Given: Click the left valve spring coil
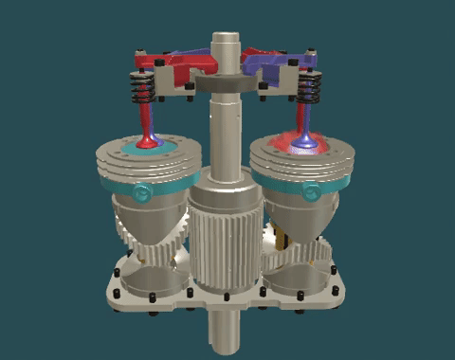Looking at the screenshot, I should pyautogui.click(x=144, y=93).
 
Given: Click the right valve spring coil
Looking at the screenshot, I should pyautogui.click(x=306, y=91).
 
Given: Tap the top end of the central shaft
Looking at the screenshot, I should pyautogui.click(x=227, y=39).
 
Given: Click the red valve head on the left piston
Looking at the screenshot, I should pyautogui.click(x=149, y=142).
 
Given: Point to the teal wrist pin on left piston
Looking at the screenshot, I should pyautogui.click(x=143, y=193).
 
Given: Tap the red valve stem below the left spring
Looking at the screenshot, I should pyautogui.click(x=145, y=121).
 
